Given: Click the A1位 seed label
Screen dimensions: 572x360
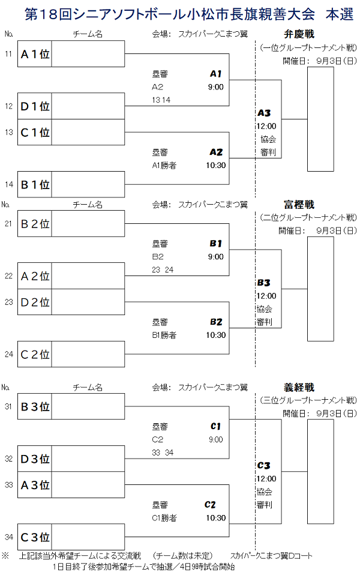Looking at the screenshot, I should pos(35,55).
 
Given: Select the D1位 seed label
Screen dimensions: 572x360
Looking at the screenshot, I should pos(35,106).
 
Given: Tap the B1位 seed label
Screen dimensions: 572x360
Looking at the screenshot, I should pos(35,184).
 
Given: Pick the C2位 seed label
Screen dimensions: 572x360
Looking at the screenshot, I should pos(35,354).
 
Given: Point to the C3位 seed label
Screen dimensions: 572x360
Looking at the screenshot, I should pos(35,537).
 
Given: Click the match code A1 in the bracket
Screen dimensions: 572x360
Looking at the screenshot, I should pos(216,74).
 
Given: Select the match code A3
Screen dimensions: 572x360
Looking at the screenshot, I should pos(264,113).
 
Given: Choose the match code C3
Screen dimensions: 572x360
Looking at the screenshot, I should pos(264,465).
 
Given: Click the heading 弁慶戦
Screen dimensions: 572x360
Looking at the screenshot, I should pos(299,34).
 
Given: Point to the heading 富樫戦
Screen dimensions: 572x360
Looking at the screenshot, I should pos(299,204).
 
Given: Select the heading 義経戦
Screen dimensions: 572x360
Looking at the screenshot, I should pos(299,388).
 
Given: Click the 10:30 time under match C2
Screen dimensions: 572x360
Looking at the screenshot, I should pos(216,517).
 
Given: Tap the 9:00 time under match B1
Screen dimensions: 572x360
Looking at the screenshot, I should pos(216,257).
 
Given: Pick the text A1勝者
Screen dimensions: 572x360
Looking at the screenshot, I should pos(164,165).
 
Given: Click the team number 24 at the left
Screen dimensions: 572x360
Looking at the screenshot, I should pos(8,354).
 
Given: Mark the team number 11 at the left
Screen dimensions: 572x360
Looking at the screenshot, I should pos(8,55).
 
